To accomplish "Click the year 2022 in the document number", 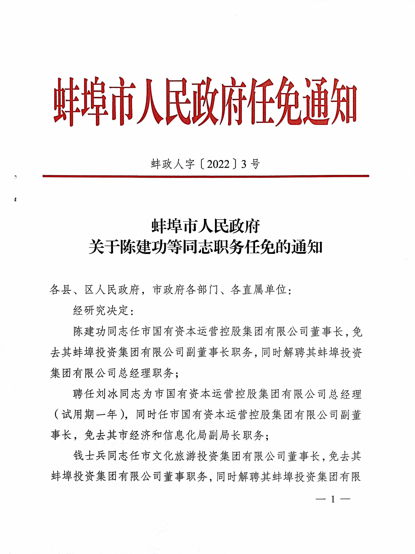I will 218,164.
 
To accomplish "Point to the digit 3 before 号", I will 243,164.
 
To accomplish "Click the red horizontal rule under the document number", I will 206,176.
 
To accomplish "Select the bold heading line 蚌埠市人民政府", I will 206,226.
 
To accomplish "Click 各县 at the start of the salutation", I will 60,290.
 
